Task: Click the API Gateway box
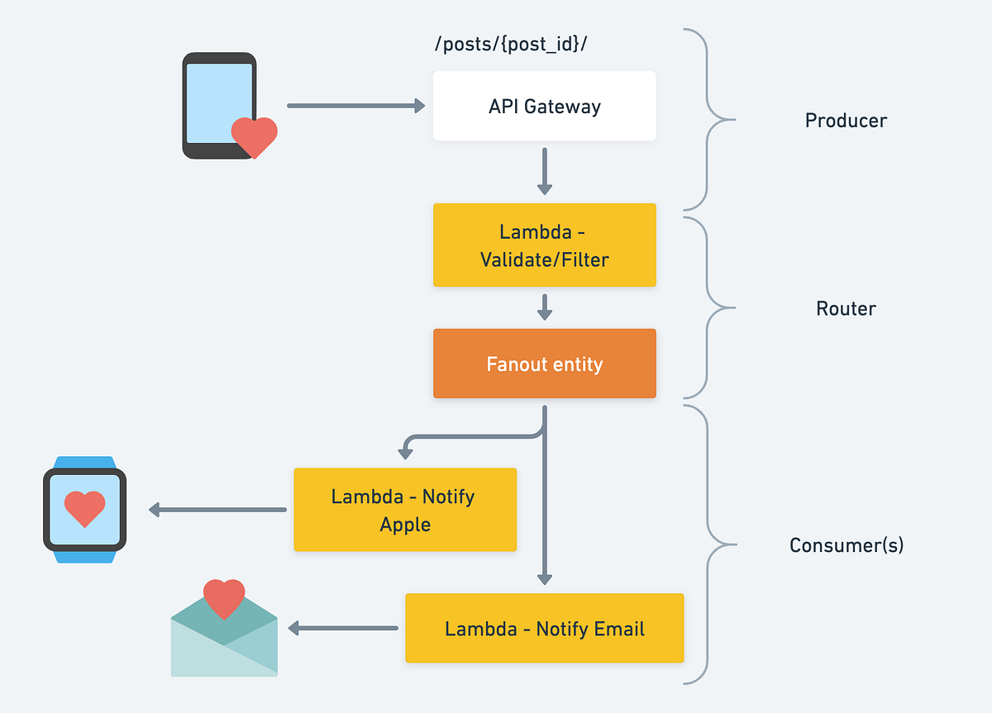pos(544,106)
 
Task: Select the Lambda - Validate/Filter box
pos(544,245)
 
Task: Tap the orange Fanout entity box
pos(544,364)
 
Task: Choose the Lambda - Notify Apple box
pos(405,510)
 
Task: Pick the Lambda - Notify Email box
pos(544,628)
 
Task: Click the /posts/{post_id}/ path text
pos(511,45)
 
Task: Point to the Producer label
pos(846,121)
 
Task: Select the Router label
pos(846,308)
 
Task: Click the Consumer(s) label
pos(846,545)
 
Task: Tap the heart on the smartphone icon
pos(254,136)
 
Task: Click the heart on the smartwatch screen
pos(84,508)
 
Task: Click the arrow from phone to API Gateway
pos(355,106)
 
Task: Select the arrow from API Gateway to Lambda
pos(544,171)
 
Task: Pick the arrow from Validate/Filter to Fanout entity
pos(544,307)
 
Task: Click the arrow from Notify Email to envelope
pos(343,629)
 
